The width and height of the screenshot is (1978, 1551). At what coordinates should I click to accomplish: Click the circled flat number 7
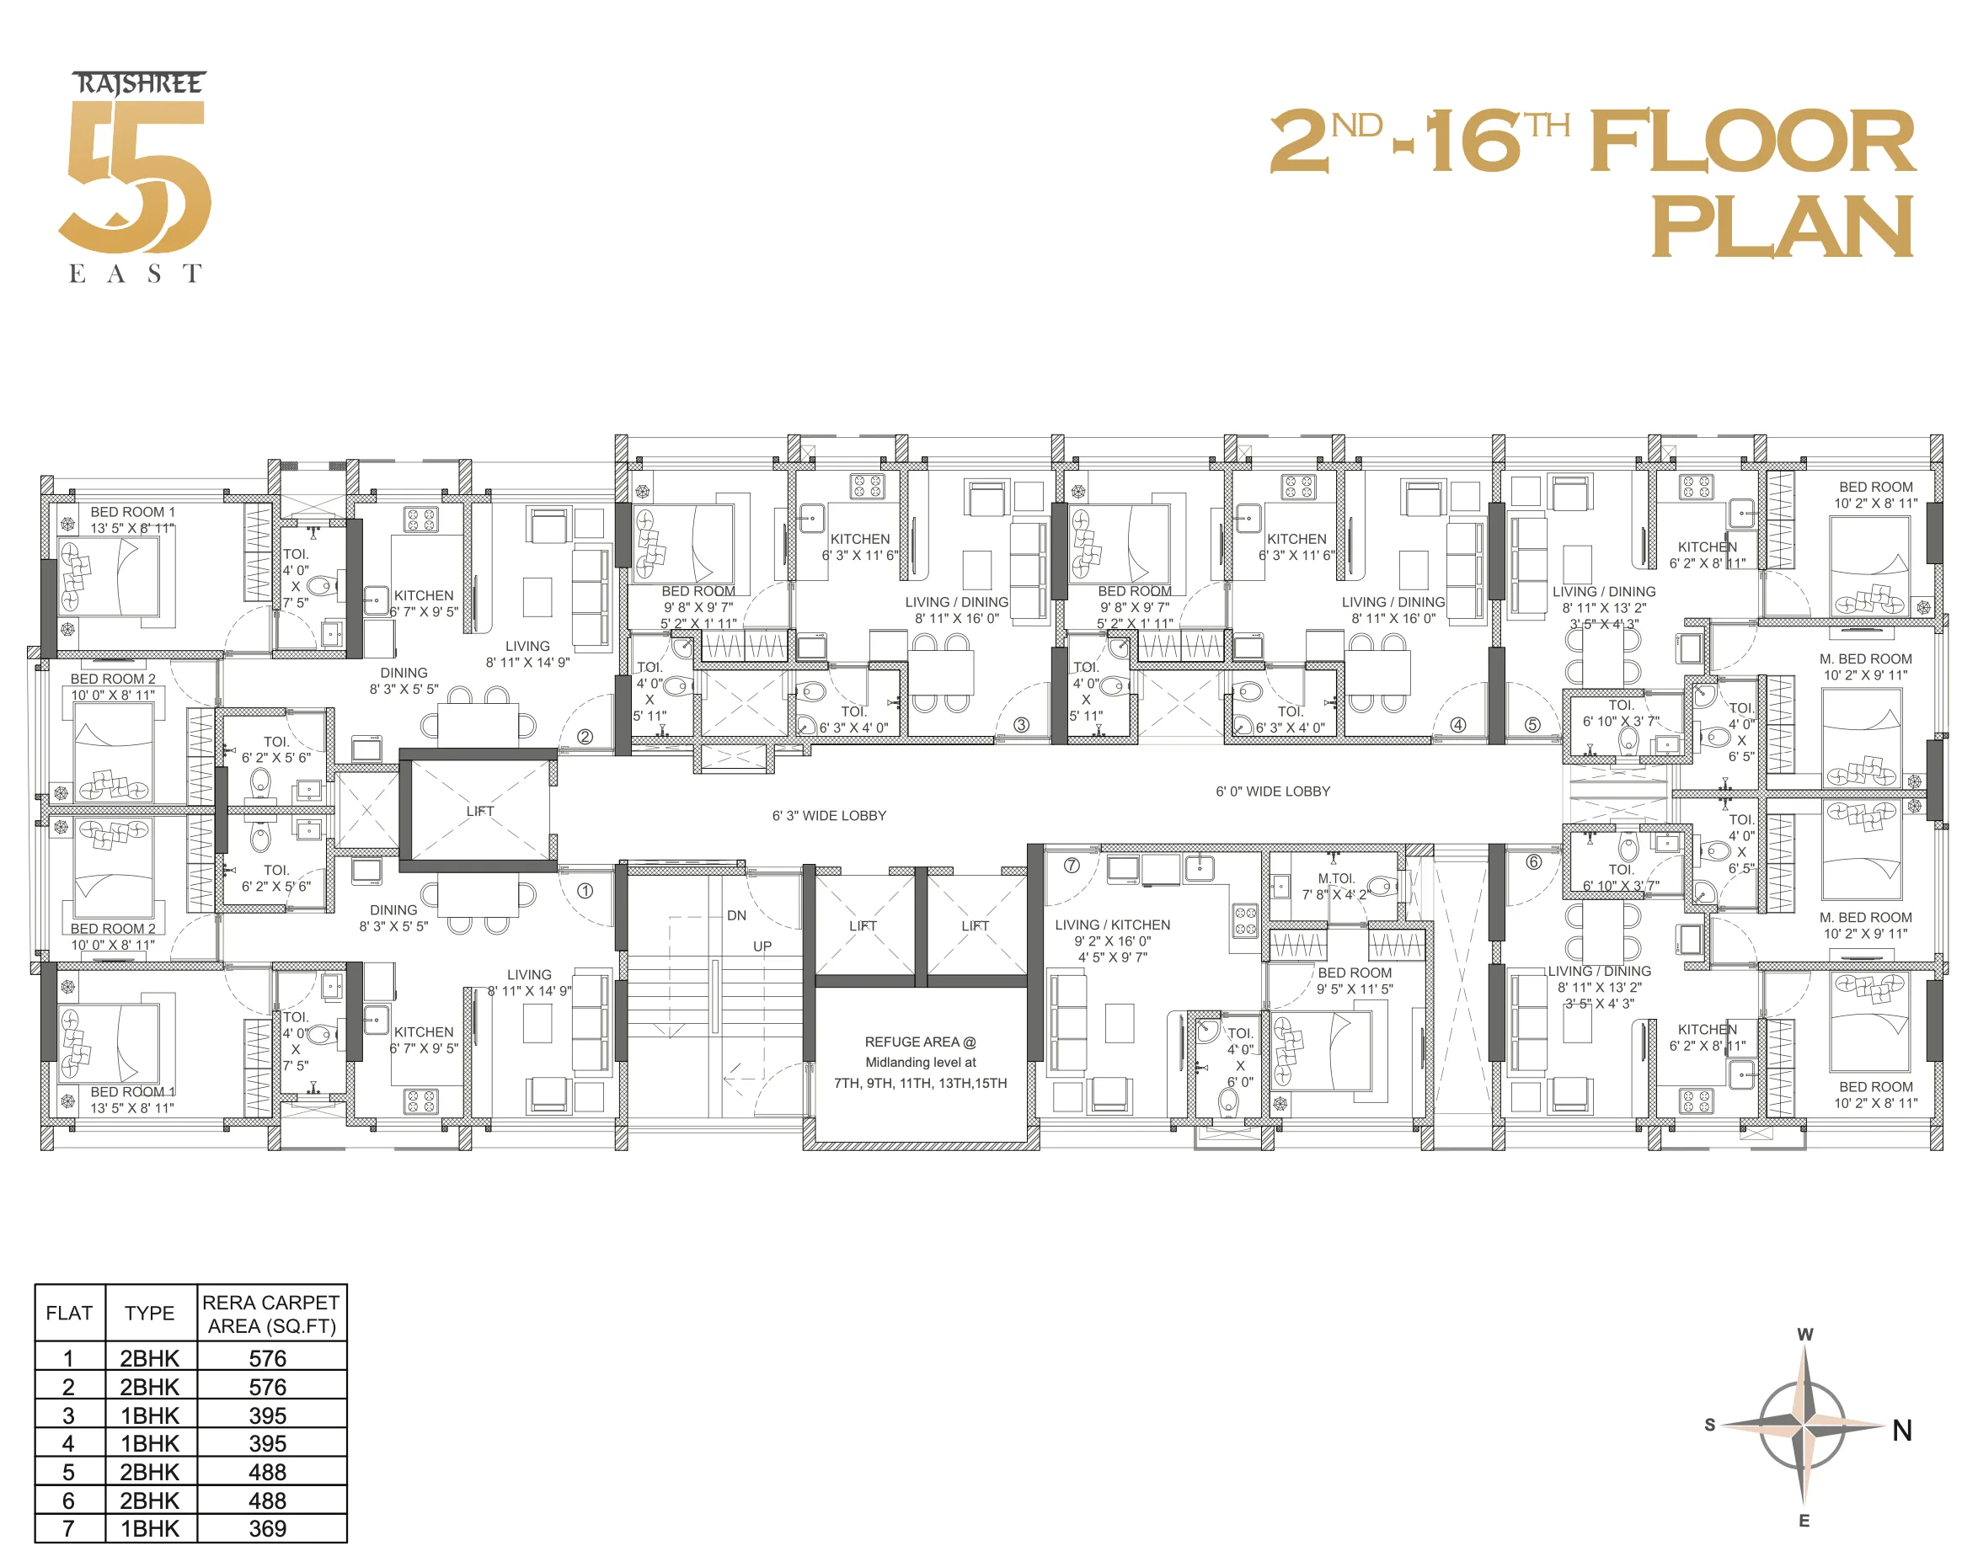click(x=1072, y=866)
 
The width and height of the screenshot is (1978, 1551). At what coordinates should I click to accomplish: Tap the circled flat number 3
click(x=1021, y=725)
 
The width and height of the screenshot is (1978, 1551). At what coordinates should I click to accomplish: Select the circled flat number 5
click(x=1533, y=725)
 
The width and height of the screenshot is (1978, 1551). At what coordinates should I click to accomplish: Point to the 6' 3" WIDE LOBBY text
click(x=829, y=815)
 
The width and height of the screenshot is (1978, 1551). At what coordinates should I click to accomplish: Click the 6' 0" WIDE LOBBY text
click(x=1272, y=791)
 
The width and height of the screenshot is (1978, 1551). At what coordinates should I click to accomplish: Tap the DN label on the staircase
click(x=736, y=915)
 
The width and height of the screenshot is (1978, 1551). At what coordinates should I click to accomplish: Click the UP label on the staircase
click(x=762, y=946)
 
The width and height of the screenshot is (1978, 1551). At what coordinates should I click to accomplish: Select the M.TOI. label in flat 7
click(x=1335, y=878)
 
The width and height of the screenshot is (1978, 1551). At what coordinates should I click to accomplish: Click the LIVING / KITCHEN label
click(x=1112, y=925)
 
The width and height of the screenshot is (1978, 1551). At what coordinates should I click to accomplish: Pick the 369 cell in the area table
click(x=267, y=1528)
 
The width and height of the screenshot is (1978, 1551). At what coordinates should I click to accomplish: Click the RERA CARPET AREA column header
click(x=270, y=1314)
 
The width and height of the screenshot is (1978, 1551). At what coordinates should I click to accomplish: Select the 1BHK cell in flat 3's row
click(x=149, y=1415)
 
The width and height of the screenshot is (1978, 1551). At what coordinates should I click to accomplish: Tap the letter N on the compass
click(x=1901, y=1431)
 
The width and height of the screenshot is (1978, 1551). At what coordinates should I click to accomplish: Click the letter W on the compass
click(x=1804, y=1334)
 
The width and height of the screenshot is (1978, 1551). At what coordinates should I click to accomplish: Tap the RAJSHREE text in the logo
click(x=139, y=84)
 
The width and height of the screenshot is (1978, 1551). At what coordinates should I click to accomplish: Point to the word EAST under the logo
click(x=136, y=274)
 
